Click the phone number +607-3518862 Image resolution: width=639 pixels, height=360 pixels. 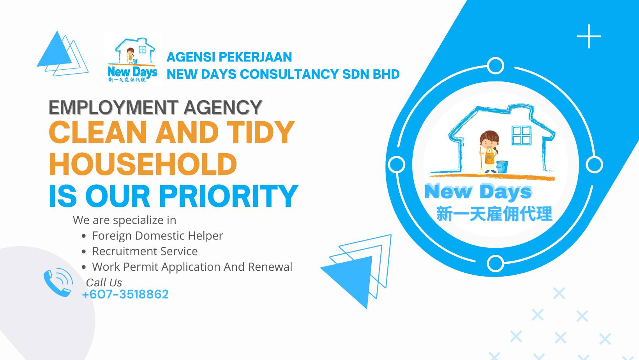[x=125, y=294]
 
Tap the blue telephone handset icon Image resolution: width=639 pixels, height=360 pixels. [x=58, y=283]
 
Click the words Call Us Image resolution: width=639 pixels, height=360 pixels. [x=104, y=282]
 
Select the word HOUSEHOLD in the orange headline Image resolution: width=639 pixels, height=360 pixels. [x=143, y=164]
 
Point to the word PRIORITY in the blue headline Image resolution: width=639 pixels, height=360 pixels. [x=229, y=196]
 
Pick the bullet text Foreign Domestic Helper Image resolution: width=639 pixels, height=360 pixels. [x=157, y=236]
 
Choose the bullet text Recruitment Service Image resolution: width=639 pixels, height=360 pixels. [x=145, y=251]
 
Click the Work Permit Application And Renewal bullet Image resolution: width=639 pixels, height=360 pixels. [x=192, y=267]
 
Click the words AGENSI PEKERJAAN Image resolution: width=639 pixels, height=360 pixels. [x=229, y=57]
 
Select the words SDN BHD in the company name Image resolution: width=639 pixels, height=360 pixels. [x=371, y=74]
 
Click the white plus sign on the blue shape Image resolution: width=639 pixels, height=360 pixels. [x=589, y=36]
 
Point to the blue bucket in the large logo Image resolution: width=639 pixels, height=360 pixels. [x=502, y=167]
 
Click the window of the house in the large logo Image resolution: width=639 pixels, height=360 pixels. [x=521, y=135]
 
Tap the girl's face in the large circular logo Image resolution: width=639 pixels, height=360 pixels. [x=489, y=141]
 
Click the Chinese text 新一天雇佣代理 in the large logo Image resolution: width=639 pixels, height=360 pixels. [x=494, y=214]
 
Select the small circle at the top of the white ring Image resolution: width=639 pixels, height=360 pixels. [x=496, y=65]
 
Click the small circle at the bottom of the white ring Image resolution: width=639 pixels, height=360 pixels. [x=496, y=263]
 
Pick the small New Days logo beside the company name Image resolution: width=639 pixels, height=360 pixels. [x=132, y=60]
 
